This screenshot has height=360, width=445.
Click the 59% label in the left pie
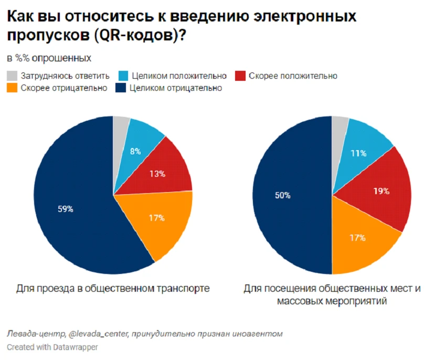click(x=66, y=209)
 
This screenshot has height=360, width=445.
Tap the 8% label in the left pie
click(x=135, y=152)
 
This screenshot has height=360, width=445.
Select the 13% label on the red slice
click(x=157, y=174)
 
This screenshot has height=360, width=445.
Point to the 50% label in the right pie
click(x=282, y=195)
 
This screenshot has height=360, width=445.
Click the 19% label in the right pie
click(x=382, y=191)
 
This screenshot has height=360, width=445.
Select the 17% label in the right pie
click(x=358, y=238)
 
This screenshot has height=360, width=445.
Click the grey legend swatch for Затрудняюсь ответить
click(x=12, y=76)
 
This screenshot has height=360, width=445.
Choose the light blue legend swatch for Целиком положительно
click(x=123, y=76)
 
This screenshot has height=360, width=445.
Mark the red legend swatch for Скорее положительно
click(x=241, y=76)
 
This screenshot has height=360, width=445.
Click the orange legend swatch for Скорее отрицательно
click(x=12, y=88)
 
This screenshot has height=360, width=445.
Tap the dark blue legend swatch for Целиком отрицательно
click(x=120, y=88)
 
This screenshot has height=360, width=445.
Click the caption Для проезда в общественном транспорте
click(x=113, y=288)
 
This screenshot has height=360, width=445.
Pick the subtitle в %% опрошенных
click(x=49, y=57)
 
